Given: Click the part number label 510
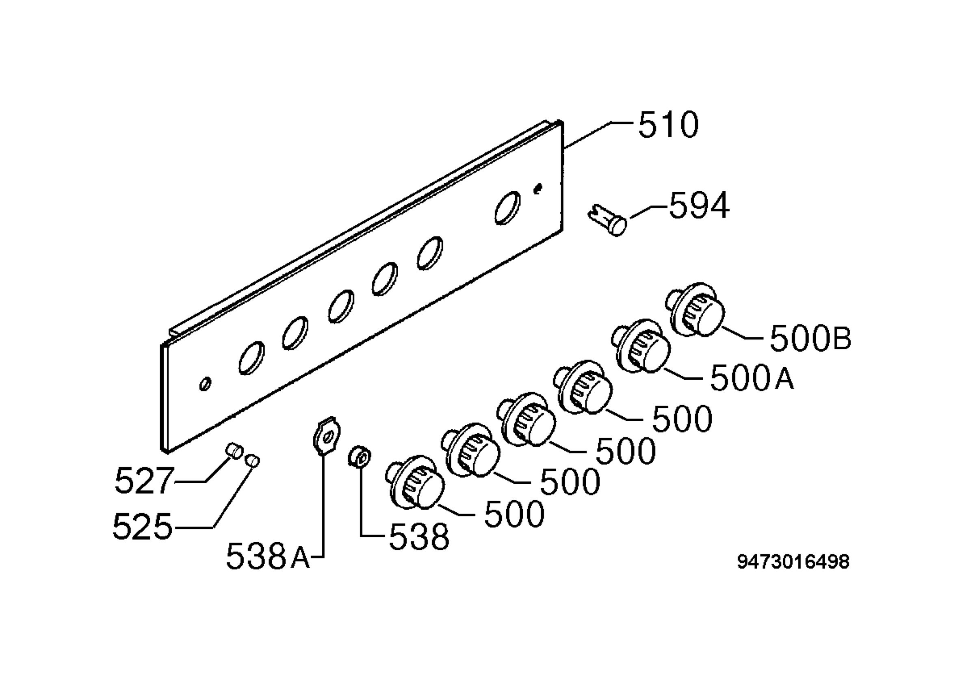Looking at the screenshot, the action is click(x=668, y=125).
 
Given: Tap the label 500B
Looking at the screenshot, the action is click(x=810, y=338).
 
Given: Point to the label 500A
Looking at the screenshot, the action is click(x=752, y=378).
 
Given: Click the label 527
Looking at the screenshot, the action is click(x=144, y=480).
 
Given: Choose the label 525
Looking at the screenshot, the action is click(x=143, y=526).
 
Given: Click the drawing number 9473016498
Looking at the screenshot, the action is click(x=793, y=562).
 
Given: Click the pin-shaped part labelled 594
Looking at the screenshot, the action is click(x=607, y=220).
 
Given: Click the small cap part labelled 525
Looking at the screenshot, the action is click(x=253, y=460).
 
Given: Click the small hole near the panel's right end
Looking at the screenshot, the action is click(x=538, y=188).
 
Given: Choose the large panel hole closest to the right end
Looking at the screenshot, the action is click(x=507, y=207).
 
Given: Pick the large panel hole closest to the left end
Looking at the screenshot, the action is click(x=251, y=358).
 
